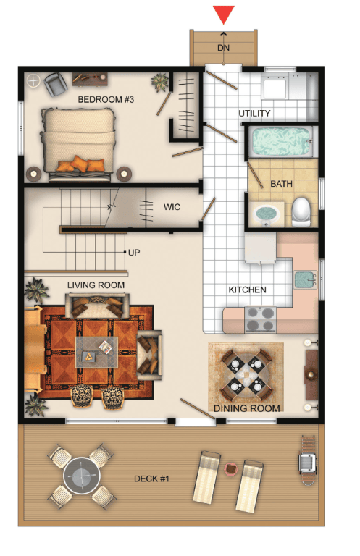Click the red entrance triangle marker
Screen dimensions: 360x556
pyautogui.click(x=223, y=14)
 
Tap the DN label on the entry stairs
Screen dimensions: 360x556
pyautogui.click(x=223, y=48)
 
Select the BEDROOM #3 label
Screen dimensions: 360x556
pyautogui.click(x=106, y=99)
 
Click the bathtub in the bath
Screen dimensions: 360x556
pyautogui.click(x=280, y=141)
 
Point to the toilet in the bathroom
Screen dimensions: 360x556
pyautogui.click(x=301, y=211)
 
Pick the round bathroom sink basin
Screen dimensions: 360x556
pyautogui.click(x=267, y=214)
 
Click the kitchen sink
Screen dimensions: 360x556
pyautogui.click(x=305, y=279)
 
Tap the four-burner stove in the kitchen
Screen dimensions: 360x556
pyautogui.click(x=260, y=319)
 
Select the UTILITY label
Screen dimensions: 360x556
pyautogui.click(x=254, y=113)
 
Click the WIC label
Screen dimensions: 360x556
pyautogui.click(x=172, y=207)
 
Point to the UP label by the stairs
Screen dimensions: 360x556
pyautogui.click(x=134, y=253)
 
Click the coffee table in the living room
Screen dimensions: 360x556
pyautogui.click(x=96, y=352)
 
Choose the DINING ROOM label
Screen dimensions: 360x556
pyautogui.click(x=246, y=408)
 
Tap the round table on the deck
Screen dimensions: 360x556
pyautogui.click(x=82, y=476)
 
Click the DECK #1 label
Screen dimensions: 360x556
pyautogui.click(x=151, y=479)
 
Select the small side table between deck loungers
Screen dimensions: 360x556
pyautogui.click(x=231, y=469)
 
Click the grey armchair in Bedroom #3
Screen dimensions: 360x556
pyautogui.click(x=56, y=84)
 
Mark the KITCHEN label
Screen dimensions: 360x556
pyautogui.click(x=247, y=290)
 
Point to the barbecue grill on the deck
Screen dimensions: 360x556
pyautogui.click(x=307, y=460)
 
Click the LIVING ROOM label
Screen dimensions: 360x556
pyautogui.click(x=96, y=285)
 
